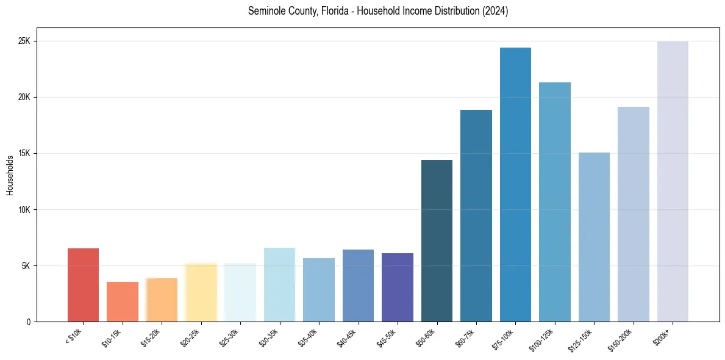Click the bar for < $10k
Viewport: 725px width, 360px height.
coord(83,285)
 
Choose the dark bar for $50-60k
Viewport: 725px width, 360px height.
coord(437,240)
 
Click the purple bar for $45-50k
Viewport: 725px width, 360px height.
coord(398,287)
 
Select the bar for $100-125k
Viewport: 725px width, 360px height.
coord(555,202)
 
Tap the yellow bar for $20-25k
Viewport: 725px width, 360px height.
coord(201,292)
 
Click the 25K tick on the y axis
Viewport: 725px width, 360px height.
coord(24,41)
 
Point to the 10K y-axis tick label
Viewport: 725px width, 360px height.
coord(24,210)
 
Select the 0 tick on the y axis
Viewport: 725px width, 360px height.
coord(28,322)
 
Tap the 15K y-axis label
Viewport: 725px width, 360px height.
coord(24,154)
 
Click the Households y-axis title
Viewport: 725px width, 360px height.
coord(10,175)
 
